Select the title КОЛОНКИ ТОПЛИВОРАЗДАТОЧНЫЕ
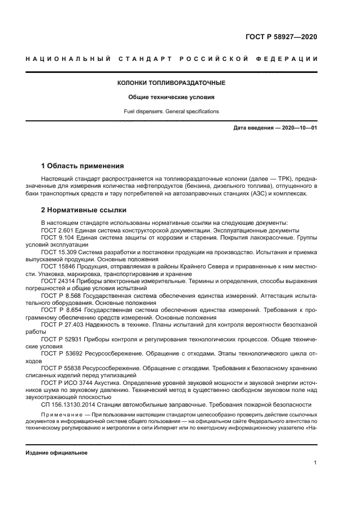(172, 83)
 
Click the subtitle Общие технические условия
(172, 98)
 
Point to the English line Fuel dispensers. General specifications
(172, 111)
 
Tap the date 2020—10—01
(296, 128)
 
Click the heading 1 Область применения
(83, 165)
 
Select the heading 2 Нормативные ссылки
(84, 210)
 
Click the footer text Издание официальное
(57, 453)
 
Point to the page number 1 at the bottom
(315, 463)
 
